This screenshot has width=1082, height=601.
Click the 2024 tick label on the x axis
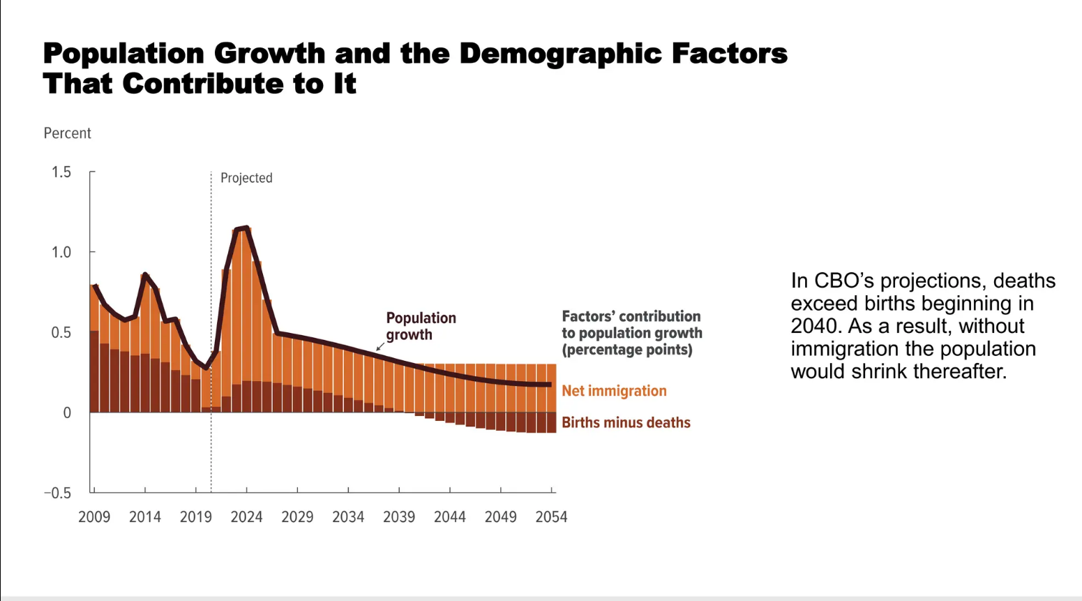[x=246, y=517]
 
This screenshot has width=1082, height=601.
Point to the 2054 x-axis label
[x=551, y=517]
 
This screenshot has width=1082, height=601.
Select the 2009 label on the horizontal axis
[x=94, y=517]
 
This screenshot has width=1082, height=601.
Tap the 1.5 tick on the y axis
[x=61, y=172]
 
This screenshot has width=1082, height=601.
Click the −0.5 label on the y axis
[x=58, y=494]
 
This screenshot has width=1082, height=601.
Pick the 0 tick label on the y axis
[x=67, y=413]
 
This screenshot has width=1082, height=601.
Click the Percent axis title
[x=68, y=133]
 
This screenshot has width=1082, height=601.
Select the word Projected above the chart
[x=246, y=178]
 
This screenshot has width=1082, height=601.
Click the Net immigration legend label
[x=614, y=391]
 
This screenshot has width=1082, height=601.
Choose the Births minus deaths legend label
[x=626, y=422]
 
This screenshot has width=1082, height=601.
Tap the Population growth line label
[x=421, y=326]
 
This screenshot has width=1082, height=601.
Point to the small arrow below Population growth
[x=380, y=346]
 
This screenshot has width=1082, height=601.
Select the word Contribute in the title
[x=203, y=84]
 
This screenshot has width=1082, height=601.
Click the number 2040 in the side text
[x=813, y=326]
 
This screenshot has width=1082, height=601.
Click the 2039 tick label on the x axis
[x=399, y=517]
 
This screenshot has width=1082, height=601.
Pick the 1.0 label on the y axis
[x=61, y=253]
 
